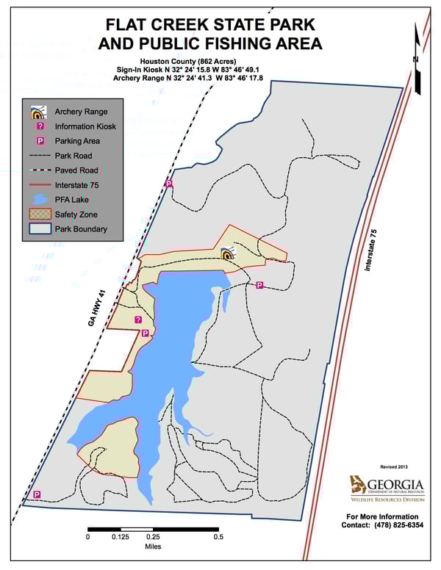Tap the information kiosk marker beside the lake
tap(138, 320)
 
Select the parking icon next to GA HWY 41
tap(168, 184)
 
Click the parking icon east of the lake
tap(259, 285)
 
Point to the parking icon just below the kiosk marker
tap(145, 333)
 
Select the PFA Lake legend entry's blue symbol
tap(40, 199)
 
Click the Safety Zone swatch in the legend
tap(40, 214)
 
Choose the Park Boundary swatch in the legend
tap(40, 228)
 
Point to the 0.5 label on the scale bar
tap(218, 537)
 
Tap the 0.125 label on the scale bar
tap(121, 537)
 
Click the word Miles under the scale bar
tap(153, 546)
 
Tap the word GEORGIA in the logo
tap(395, 485)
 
